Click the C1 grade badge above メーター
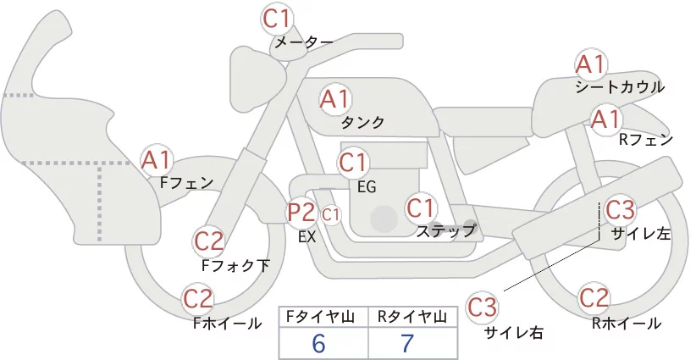[x=276, y=19]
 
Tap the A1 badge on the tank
[x=334, y=98]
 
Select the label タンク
[x=362, y=123]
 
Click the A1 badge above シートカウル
[x=590, y=64]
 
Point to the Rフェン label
[x=646, y=141]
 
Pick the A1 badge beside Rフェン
[x=606, y=119]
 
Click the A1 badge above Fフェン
[x=156, y=160]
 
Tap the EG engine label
[x=367, y=187]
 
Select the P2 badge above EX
[x=301, y=213]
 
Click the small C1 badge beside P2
[x=331, y=215]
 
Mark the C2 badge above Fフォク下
[x=209, y=242]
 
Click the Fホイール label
[x=227, y=324]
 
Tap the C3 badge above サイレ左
[x=620, y=209]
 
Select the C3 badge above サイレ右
[x=482, y=307]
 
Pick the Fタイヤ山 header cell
[x=323, y=317]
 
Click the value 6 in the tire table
[x=318, y=343]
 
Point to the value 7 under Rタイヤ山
[x=407, y=343]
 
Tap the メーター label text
[x=304, y=42]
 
